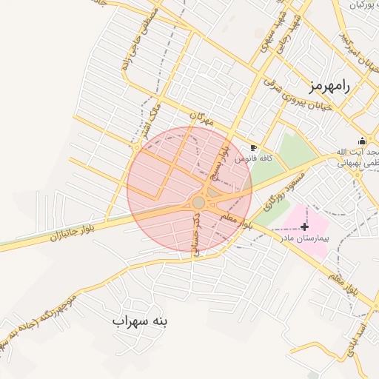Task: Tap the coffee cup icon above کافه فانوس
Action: point(255,148)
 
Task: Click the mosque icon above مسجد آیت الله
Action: point(362,141)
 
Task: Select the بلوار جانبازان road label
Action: point(74,232)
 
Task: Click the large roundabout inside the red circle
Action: point(198,202)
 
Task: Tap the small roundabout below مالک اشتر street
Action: point(137,148)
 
